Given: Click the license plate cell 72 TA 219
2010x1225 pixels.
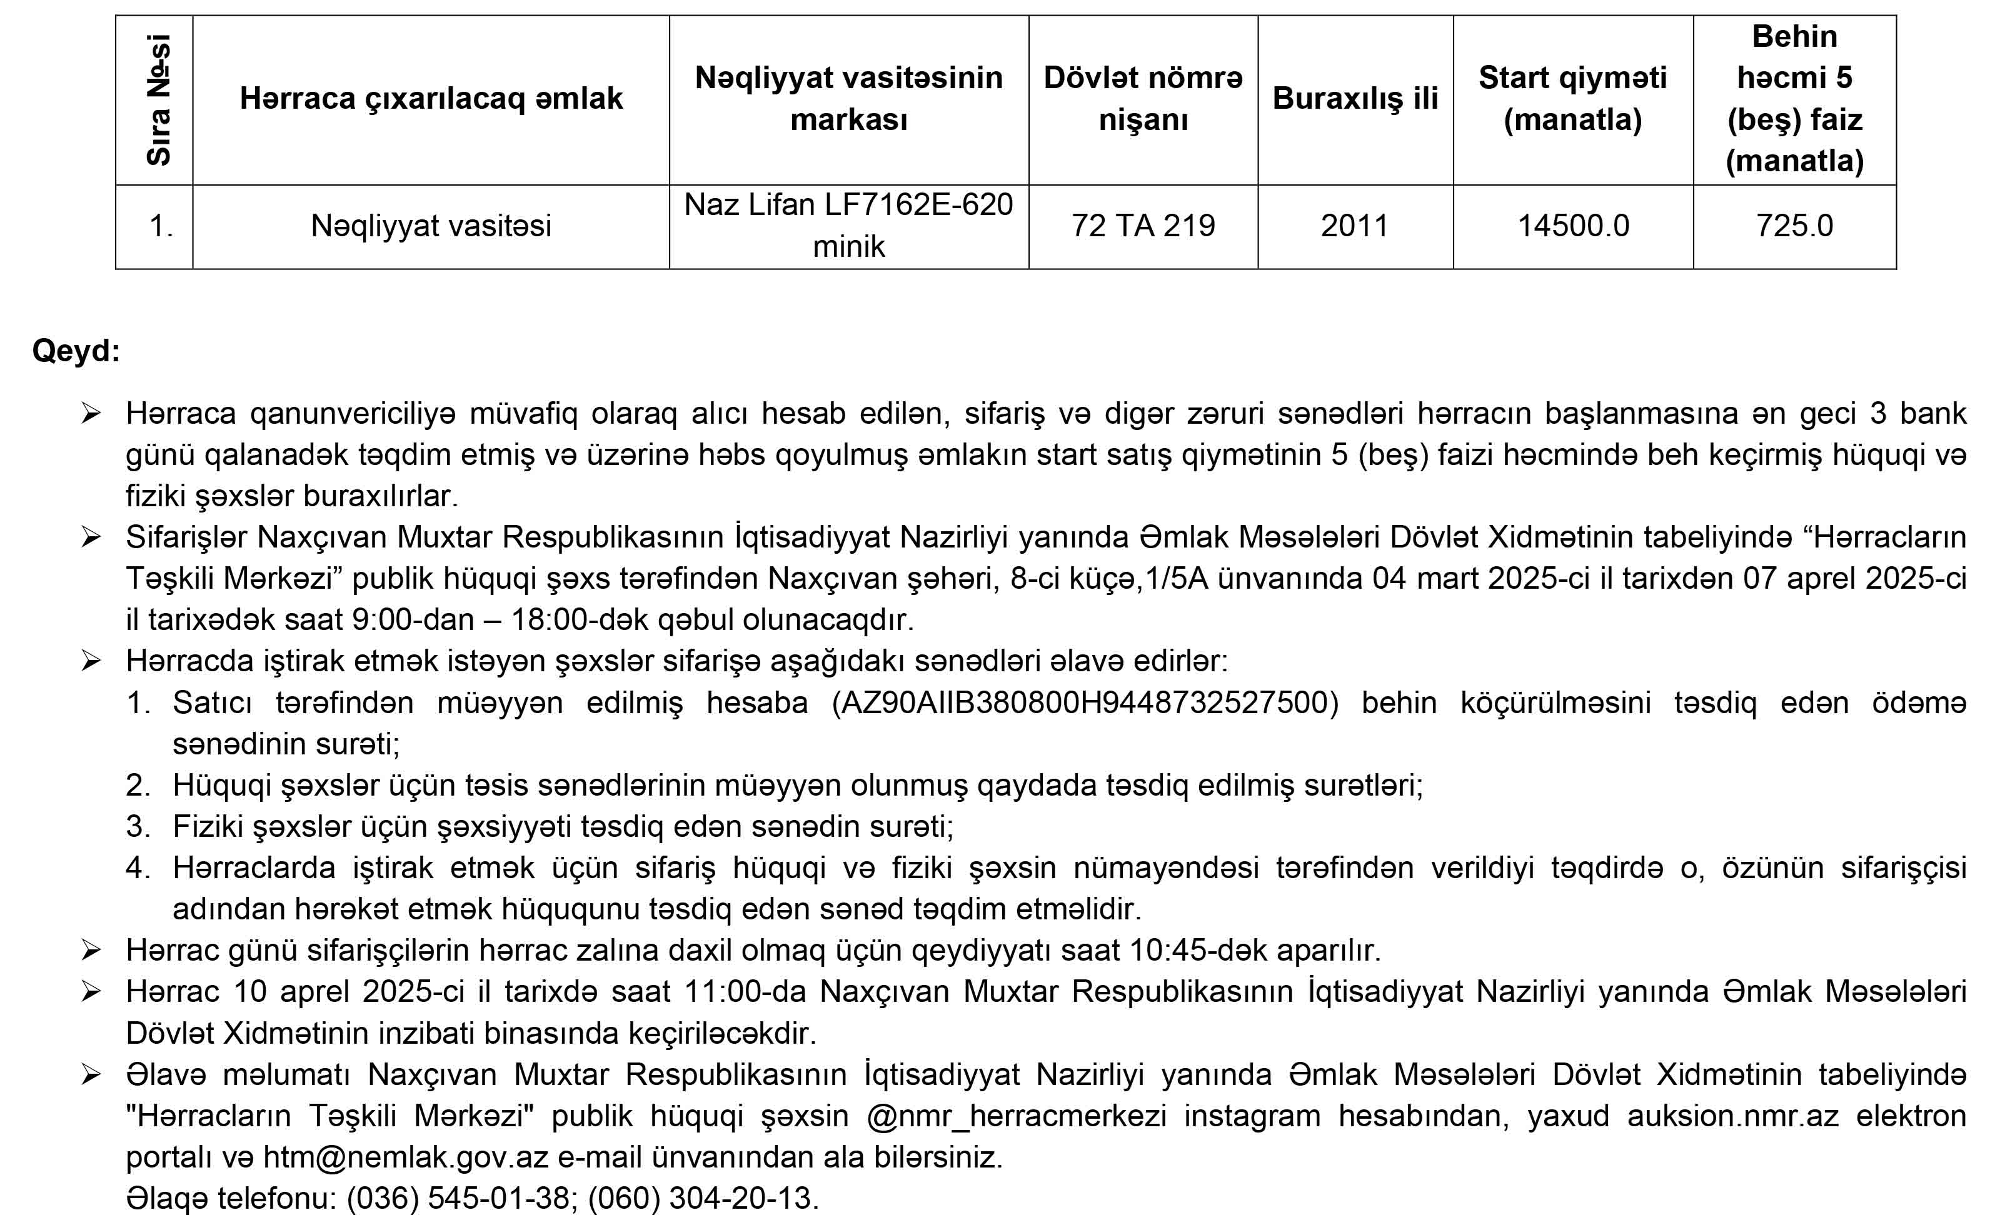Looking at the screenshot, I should pyautogui.click(x=1143, y=226).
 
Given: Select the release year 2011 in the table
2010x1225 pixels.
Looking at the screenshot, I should pyautogui.click(x=1354, y=226).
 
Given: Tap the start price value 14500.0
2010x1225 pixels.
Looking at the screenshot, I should pyautogui.click(x=1573, y=226).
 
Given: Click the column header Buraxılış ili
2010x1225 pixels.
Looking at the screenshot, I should pyautogui.click(x=1355, y=99).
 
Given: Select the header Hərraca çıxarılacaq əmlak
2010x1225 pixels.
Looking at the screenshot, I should pyautogui.click(x=431, y=99).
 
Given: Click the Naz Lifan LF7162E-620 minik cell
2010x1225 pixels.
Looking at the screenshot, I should pyautogui.click(x=848, y=225).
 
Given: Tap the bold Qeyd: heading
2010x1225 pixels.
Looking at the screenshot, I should pyautogui.click(x=76, y=351).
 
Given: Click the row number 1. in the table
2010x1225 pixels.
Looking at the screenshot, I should pyautogui.click(x=161, y=226).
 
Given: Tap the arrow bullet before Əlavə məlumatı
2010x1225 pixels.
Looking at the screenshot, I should pyautogui.click(x=91, y=1075).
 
